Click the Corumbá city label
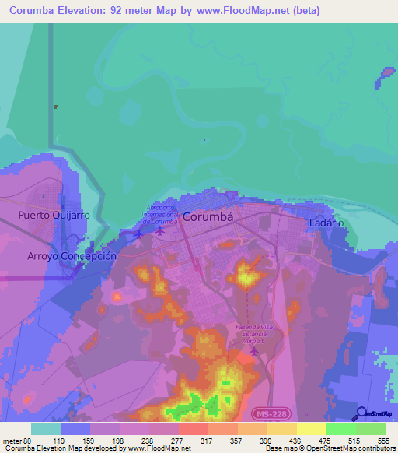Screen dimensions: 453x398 (x=208, y=218)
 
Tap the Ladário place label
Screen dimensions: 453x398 (x=326, y=223)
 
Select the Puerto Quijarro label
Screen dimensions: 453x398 (x=54, y=215)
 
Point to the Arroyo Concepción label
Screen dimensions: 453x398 (x=72, y=255)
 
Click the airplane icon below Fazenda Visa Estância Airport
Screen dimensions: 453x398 (x=256, y=352)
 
